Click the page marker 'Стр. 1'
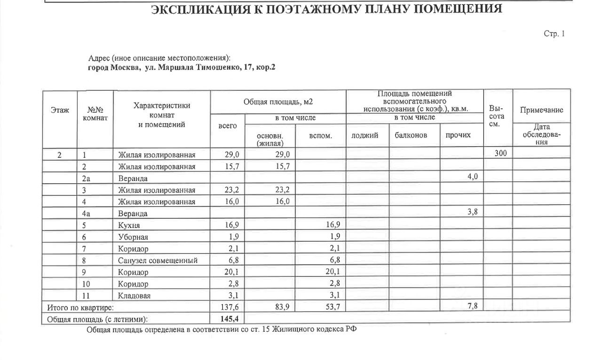click(554, 34)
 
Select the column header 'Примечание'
click(541, 110)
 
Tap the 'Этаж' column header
click(60, 110)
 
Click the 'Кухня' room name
click(129, 225)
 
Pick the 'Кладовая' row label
click(135, 296)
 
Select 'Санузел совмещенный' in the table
click(158, 260)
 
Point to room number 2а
click(86, 178)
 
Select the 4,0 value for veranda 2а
click(473, 177)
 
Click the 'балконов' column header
click(411, 135)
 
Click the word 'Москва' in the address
click(124, 67)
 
